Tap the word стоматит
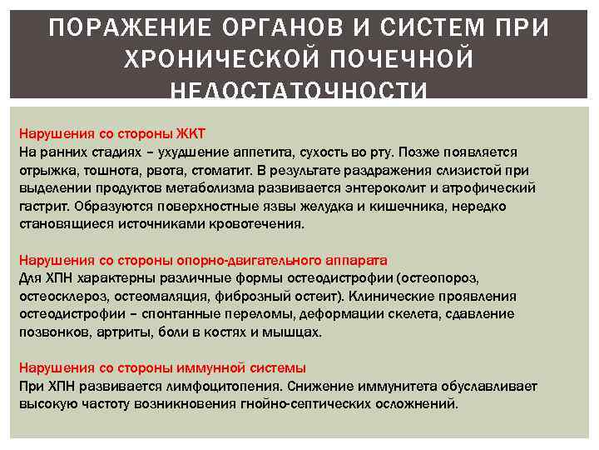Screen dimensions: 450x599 click(x=226, y=171)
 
